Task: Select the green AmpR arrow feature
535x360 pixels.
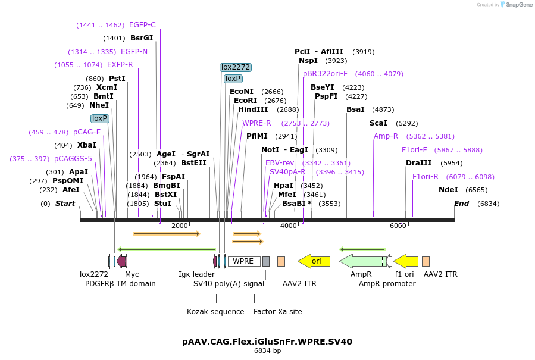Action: [x=362, y=261]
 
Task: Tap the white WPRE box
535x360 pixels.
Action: [x=243, y=261]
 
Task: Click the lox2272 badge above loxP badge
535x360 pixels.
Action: [x=235, y=67]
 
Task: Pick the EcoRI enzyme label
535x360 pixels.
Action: [x=246, y=101]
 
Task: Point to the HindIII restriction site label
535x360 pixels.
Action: [x=253, y=109]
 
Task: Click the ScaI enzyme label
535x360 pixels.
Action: [x=378, y=123]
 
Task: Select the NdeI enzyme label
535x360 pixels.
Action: [x=448, y=190]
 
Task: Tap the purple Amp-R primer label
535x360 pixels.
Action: [x=386, y=136]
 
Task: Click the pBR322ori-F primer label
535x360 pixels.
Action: [x=325, y=74]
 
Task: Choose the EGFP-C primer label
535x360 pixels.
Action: [x=142, y=25]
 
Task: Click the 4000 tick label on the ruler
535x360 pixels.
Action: [x=289, y=226]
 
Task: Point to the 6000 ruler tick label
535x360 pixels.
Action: [x=398, y=226]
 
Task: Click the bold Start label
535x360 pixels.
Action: [x=65, y=204]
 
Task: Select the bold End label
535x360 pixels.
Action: [x=461, y=204]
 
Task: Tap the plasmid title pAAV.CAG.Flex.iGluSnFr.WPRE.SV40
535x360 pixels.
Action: [x=267, y=342]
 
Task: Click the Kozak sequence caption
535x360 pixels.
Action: [x=215, y=312]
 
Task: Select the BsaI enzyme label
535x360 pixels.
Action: [x=355, y=109]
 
